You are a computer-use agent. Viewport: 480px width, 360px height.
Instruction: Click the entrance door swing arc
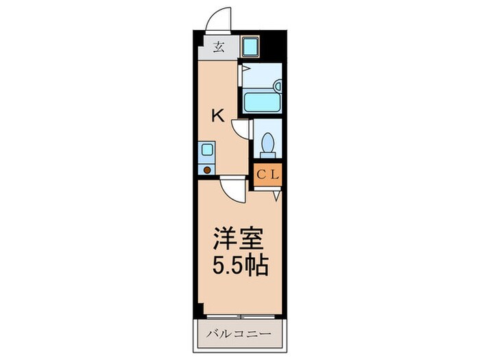(219, 19)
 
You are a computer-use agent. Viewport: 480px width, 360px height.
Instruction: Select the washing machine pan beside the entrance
(250, 47)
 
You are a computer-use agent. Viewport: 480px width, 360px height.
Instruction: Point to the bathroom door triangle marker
(245, 69)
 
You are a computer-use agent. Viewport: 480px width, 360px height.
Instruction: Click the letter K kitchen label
(217, 116)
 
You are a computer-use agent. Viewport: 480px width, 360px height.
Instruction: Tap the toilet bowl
(267, 145)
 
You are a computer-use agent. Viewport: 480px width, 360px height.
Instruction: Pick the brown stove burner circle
(207, 169)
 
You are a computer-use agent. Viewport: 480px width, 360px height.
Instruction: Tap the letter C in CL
(261, 175)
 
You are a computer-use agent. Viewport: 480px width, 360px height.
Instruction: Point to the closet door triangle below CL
(276, 196)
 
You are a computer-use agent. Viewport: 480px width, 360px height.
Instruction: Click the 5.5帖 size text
(239, 265)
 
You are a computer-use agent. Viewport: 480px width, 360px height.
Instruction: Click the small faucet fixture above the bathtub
(277, 86)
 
